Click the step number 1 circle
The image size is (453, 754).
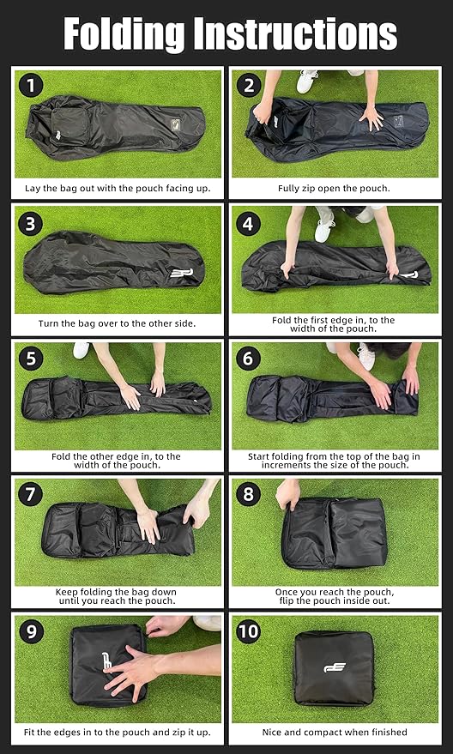tap(31, 86)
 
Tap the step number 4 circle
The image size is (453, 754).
tap(249, 224)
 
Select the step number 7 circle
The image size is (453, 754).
tap(30, 495)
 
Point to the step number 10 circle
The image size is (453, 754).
tap(249, 630)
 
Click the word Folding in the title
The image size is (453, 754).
tap(124, 34)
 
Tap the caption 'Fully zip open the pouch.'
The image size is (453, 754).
tap(335, 189)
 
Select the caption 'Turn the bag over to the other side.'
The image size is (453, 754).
tap(117, 323)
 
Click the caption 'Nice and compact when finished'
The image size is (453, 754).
tap(335, 733)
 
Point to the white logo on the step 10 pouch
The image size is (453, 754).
tap(335, 667)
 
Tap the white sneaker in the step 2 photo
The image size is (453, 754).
tap(306, 81)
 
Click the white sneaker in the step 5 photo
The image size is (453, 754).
tap(82, 350)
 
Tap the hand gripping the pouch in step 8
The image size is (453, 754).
tap(287, 494)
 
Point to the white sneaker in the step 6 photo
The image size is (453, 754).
tap(366, 356)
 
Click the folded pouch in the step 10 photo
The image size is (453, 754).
tap(335, 668)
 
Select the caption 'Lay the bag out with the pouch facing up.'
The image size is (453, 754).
tap(118, 189)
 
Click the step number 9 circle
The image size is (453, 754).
tap(31, 630)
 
